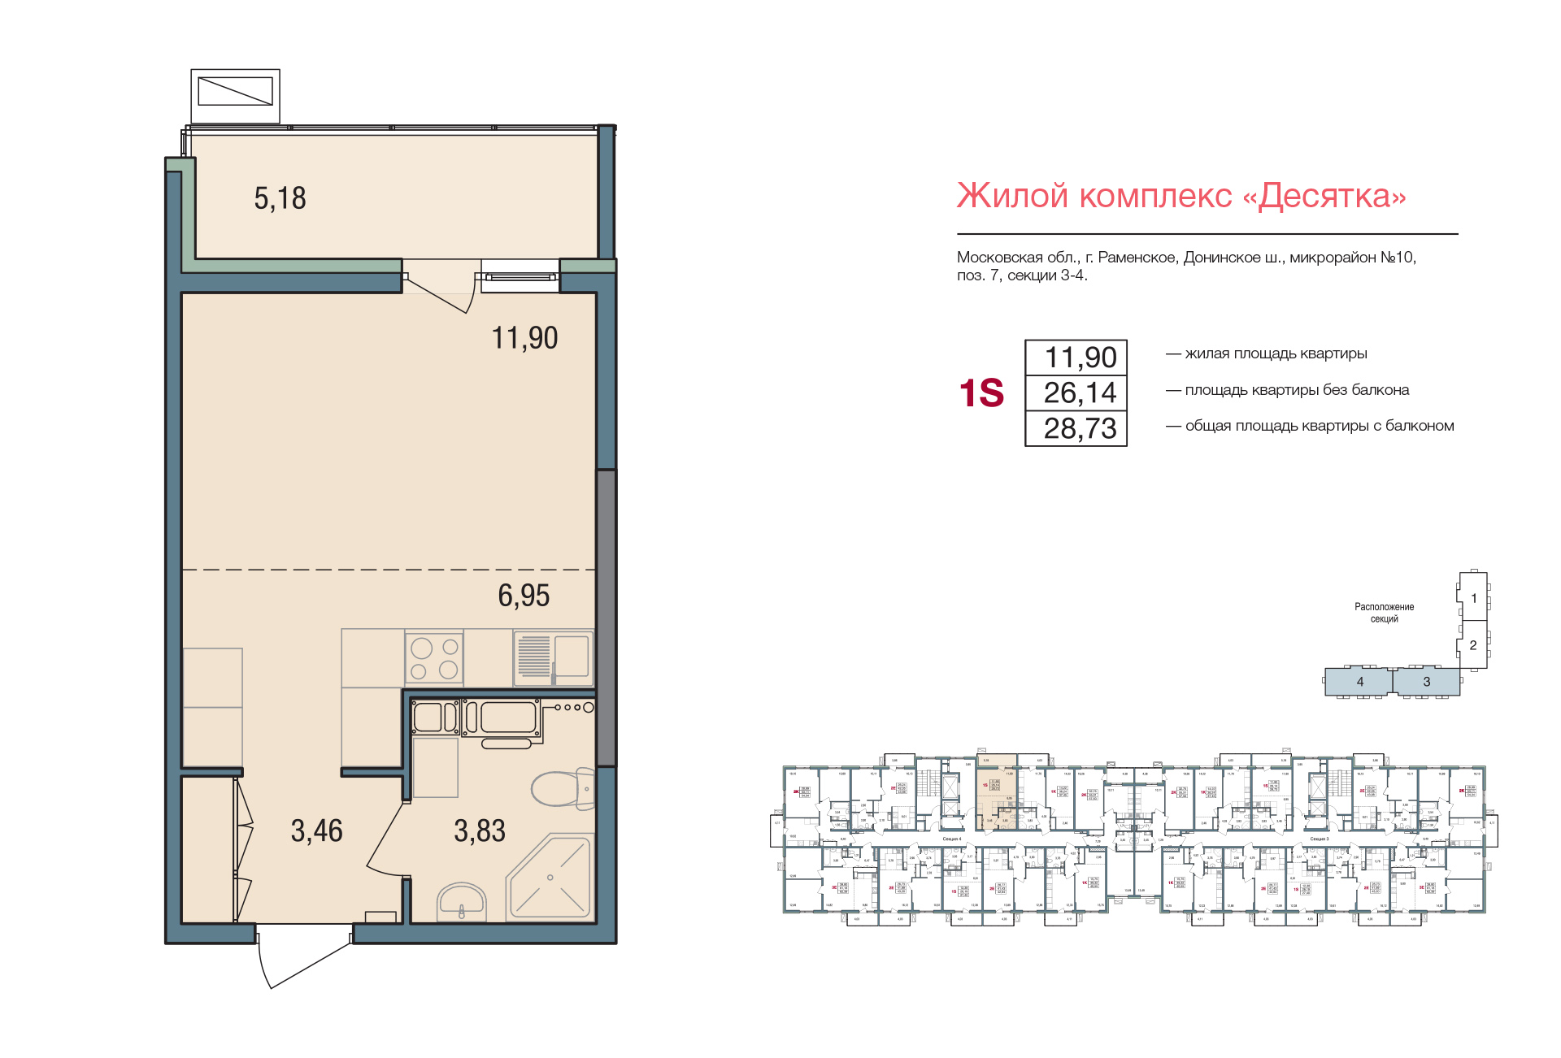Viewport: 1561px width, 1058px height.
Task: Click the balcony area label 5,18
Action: (280, 198)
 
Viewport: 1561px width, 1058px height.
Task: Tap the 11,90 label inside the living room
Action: (524, 338)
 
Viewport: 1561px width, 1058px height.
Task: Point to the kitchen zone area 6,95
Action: (524, 596)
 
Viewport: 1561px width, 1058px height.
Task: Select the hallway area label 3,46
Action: (316, 830)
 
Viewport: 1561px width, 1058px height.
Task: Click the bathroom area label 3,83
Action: (480, 830)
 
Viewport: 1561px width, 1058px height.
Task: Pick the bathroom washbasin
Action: (462, 902)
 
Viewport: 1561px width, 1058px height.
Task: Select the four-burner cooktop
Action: (434, 658)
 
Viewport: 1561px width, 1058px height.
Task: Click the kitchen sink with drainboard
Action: (554, 657)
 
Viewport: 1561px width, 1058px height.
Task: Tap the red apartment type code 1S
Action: (981, 393)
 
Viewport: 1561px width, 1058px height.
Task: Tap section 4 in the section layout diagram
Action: (1359, 682)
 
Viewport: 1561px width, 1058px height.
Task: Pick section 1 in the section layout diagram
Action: (1473, 598)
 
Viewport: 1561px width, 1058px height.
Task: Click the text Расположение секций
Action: (1384, 613)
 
